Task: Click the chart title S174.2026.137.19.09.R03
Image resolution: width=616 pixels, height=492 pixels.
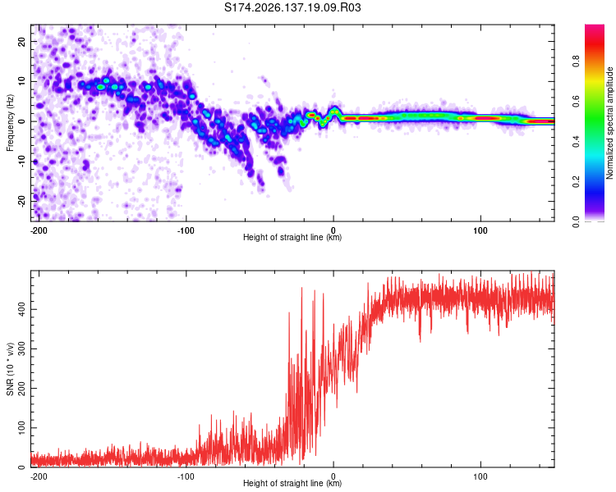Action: tap(292, 7)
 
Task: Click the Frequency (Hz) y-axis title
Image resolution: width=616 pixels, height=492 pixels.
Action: tap(10, 123)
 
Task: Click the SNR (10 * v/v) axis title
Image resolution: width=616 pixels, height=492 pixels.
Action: tap(10, 369)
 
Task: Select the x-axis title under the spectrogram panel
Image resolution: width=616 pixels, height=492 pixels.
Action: tap(292, 237)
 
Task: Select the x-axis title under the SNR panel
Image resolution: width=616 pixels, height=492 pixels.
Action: tap(292, 483)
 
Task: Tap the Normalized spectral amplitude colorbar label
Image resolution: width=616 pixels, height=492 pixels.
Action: tap(609, 123)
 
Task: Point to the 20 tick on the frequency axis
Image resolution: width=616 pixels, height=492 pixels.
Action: tap(22, 41)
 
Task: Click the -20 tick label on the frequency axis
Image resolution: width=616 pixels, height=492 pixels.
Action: tap(22, 201)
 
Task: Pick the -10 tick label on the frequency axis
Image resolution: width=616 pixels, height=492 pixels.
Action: tap(22, 162)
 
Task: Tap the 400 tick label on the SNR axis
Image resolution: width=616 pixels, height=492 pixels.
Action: tap(22, 310)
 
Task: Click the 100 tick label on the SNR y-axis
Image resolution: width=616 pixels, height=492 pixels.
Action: tap(22, 428)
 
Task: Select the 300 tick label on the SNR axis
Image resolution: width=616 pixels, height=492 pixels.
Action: tap(22, 348)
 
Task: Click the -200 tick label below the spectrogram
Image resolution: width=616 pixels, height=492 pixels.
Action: tap(38, 230)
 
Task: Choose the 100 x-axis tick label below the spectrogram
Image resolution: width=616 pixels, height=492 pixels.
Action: tap(480, 230)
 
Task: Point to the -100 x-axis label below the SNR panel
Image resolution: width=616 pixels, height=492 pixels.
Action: tap(186, 476)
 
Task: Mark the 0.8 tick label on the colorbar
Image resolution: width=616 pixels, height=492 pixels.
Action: tap(576, 61)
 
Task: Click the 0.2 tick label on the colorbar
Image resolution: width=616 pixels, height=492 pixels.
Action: tap(576, 182)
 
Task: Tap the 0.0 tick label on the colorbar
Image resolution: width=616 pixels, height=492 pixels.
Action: tap(576, 222)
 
